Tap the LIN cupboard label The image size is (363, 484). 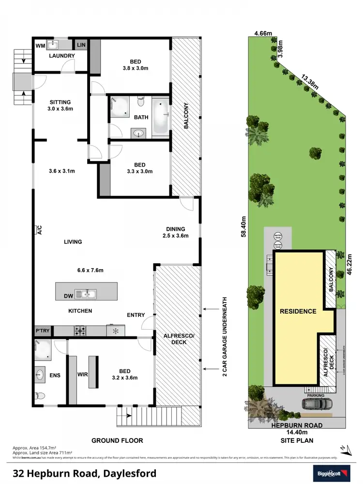coord(80,45)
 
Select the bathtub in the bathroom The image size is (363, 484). coord(161,117)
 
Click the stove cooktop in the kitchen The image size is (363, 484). coord(80,331)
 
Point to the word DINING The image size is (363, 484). coord(175,229)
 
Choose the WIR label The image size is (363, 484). coord(82,374)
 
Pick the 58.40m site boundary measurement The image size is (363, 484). coord(244,226)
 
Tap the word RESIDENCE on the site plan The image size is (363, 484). coord(298,311)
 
